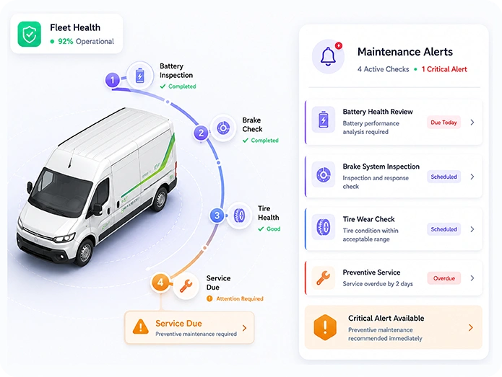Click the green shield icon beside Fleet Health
pos(29,34)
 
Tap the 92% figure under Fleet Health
pos(66,42)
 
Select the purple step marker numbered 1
pos(113,80)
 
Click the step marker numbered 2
pos(201,133)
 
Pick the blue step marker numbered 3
pos(217,216)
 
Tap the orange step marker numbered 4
pos(160,283)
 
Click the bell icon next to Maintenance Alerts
pos(328,56)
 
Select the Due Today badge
pos(443,123)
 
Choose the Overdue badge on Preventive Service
pos(444,278)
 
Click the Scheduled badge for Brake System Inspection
pos(443,177)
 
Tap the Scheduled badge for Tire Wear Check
pos(443,229)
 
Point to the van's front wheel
pos(85,252)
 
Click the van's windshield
pos(61,192)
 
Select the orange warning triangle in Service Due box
pos(141,327)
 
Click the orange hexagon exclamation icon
pos(325,327)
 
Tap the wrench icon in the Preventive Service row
pos(324,278)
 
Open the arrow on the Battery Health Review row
pos(472,123)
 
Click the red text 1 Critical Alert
pos(444,69)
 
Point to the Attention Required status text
pos(240,298)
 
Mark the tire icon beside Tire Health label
pos(239,216)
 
